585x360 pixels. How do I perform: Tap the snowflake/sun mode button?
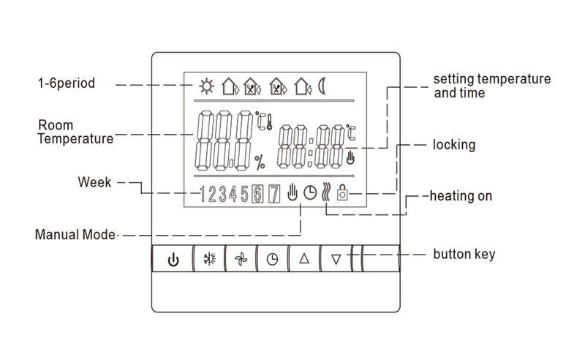click(x=210, y=258)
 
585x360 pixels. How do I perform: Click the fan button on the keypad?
click(x=241, y=258)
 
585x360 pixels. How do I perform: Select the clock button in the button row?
click(x=272, y=258)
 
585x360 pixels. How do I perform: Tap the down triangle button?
click(x=336, y=258)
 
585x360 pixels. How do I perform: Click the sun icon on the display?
click(x=206, y=86)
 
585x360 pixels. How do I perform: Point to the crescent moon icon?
click(x=322, y=86)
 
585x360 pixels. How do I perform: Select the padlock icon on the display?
click(x=342, y=192)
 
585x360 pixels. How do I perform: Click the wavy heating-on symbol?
click(x=325, y=192)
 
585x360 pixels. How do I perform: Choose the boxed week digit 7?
click(x=274, y=194)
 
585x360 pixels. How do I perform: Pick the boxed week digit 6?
click(x=257, y=194)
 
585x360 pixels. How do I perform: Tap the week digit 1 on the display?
click(x=203, y=194)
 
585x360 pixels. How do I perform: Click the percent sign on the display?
click(x=260, y=162)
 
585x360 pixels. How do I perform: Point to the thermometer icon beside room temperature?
click(x=269, y=122)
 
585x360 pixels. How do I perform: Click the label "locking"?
click(x=454, y=145)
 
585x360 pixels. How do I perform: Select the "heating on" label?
click(x=461, y=195)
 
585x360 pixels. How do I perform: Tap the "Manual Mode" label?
click(x=75, y=235)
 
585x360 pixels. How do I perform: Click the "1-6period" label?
click(x=67, y=83)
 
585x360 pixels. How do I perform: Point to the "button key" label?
click(x=464, y=254)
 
